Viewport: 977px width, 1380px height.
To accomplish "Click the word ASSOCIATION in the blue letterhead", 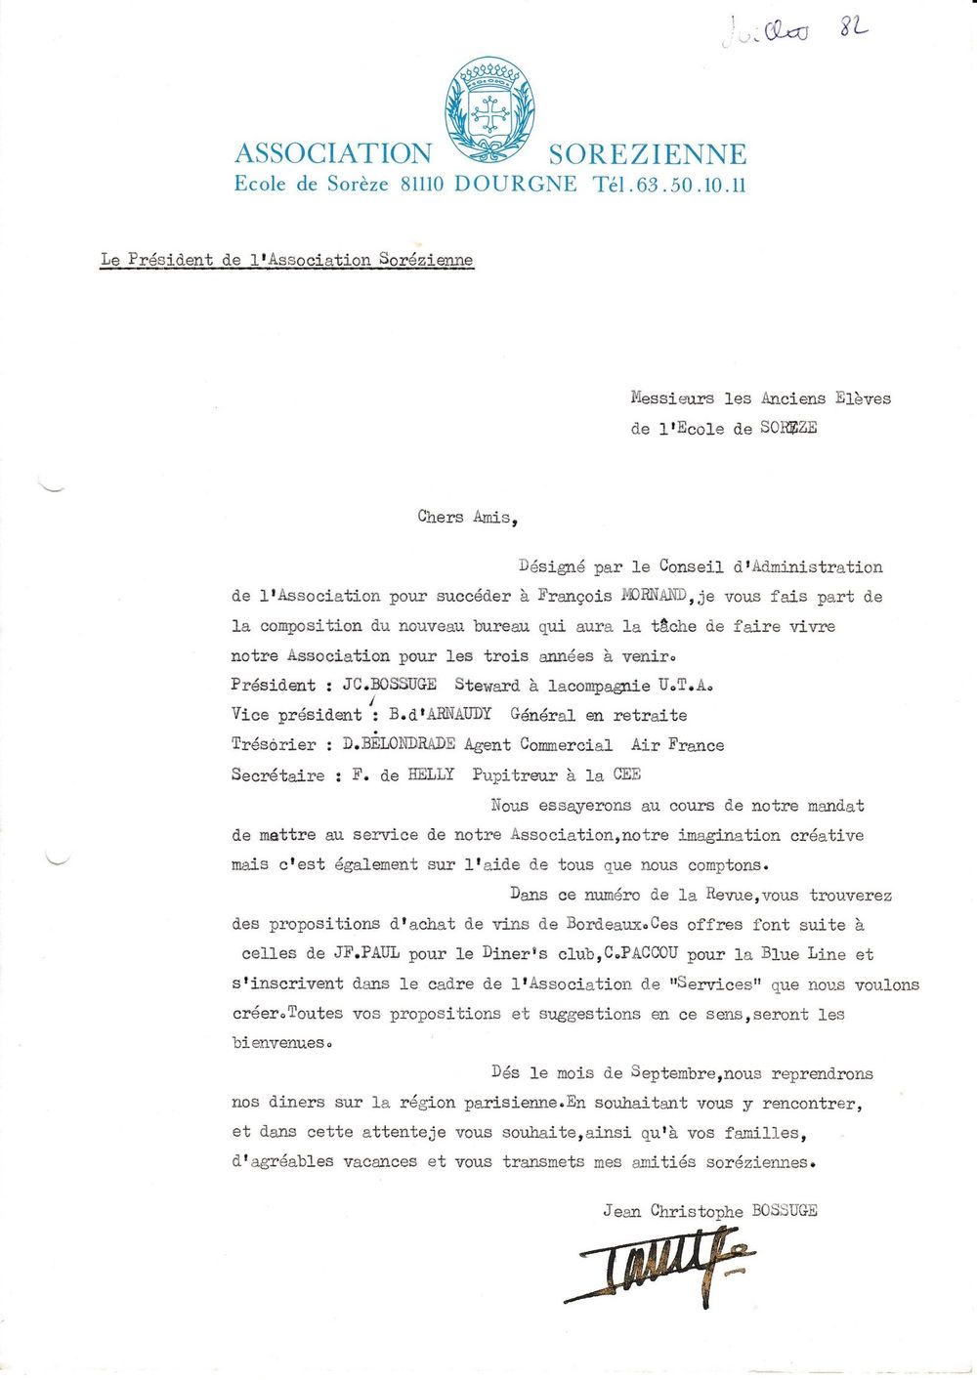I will pyautogui.click(x=332, y=153).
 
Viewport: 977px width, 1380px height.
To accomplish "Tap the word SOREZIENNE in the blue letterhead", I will pyautogui.click(x=647, y=154).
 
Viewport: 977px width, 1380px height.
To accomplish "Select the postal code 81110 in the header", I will pyautogui.click(x=423, y=184).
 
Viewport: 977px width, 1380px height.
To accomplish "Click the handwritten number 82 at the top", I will pyautogui.click(x=853, y=29).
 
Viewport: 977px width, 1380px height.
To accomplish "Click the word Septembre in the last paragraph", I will pyautogui.click(x=675, y=1073).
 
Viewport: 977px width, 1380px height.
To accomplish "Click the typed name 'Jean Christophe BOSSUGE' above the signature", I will pyautogui.click(x=709, y=1211).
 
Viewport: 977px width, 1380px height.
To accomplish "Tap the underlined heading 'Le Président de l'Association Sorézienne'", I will pyautogui.click(x=286, y=260).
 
